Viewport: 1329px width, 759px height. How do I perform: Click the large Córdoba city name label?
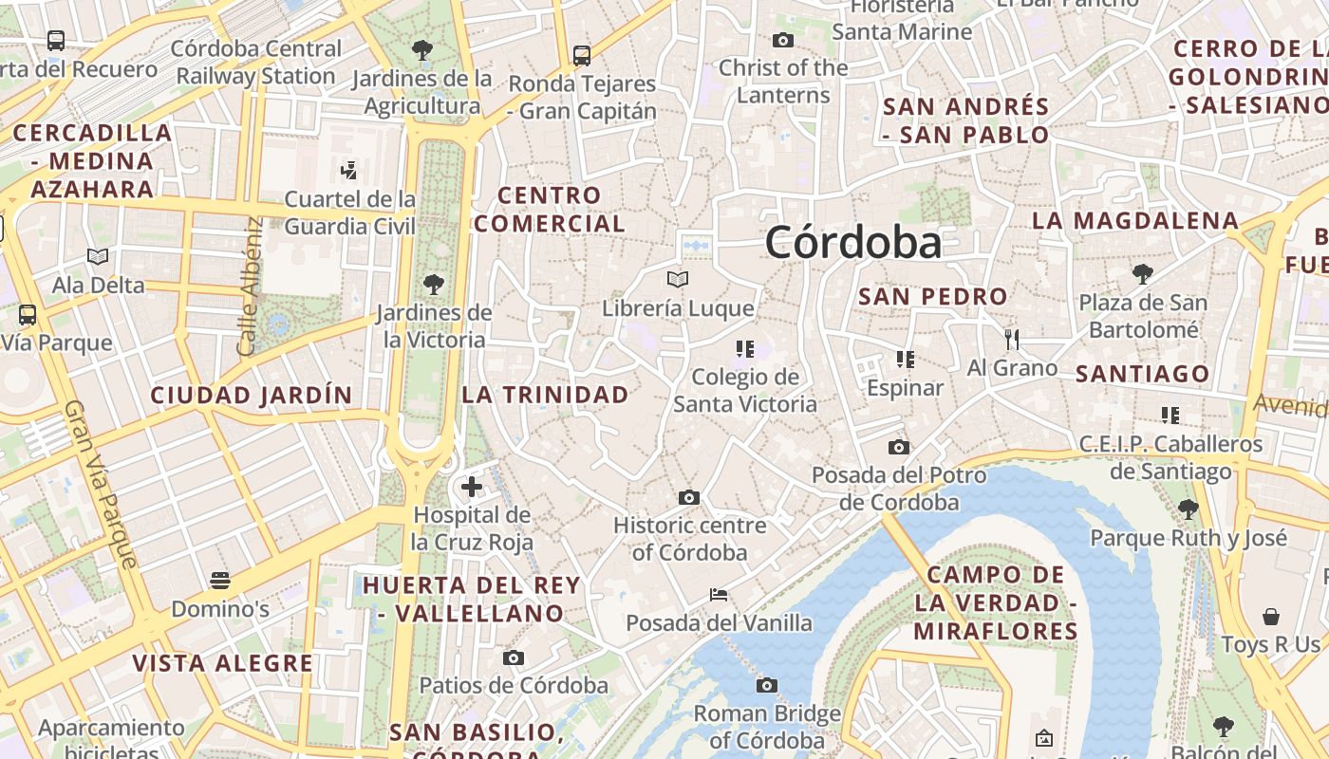click(852, 242)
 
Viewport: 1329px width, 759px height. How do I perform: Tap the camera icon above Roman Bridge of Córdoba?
click(767, 685)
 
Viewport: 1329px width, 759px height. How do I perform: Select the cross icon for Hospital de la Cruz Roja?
click(472, 488)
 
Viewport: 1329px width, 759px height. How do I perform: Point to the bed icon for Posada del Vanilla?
click(719, 595)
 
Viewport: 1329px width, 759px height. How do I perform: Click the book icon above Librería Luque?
click(677, 279)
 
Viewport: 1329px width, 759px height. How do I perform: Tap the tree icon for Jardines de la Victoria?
click(434, 283)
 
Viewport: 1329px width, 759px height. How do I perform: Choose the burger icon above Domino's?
click(220, 580)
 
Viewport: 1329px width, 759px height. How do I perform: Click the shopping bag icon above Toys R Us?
click(1270, 617)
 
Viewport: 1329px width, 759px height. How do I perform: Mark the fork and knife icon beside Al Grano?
click(1012, 339)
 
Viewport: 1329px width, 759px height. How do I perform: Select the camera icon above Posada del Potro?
click(898, 447)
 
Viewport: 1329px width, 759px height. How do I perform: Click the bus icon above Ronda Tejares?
click(582, 55)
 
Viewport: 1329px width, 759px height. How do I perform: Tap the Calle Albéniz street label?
click(249, 287)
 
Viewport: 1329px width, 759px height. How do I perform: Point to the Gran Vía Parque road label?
click(101, 484)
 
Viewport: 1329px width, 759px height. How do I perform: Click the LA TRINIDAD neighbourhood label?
click(546, 395)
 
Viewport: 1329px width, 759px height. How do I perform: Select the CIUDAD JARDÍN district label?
click(252, 395)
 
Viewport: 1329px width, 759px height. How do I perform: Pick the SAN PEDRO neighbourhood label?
click(932, 296)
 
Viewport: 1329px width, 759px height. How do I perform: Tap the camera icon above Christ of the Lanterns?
click(783, 40)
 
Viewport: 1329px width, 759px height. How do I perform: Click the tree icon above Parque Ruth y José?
click(1188, 509)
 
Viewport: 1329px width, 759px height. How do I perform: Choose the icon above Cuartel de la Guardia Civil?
click(348, 171)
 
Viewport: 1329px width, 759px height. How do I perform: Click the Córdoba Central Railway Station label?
click(256, 62)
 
